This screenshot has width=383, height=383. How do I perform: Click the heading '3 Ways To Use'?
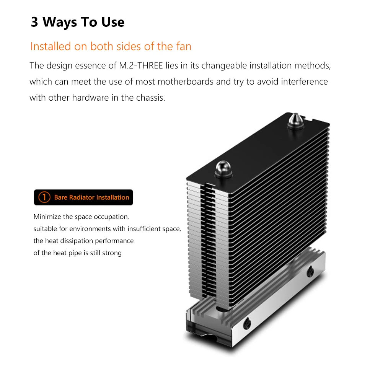77,22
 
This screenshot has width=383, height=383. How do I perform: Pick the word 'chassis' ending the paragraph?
151,98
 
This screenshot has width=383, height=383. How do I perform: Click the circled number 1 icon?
44,197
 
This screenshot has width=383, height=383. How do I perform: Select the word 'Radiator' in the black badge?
82,197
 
